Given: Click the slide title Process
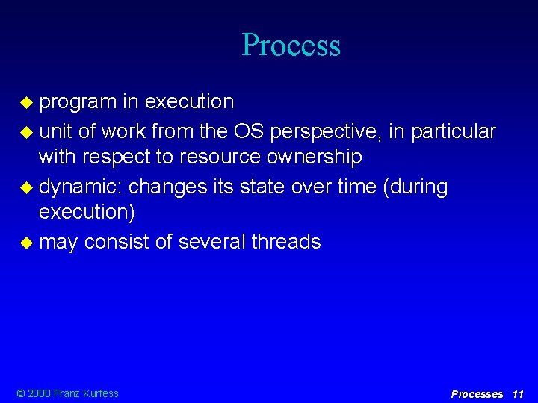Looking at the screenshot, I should pyautogui.click(x=291, y=45).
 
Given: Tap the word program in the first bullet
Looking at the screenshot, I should pyautogui.click(x=78, y=101).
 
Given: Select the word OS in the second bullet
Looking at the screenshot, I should pyautogui.click(x=247, y=131).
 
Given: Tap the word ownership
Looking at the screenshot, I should pyautogui.click(x=321, y=157).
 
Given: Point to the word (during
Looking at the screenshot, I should pyautogui.click(x=415, y=187).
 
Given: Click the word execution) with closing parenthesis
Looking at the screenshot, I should pyautogui.click(x=87, y=212).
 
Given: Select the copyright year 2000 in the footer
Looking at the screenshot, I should pyautogui.click(x=40, y=393).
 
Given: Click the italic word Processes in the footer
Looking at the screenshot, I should pyautogui.click(x=477, y=393).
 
